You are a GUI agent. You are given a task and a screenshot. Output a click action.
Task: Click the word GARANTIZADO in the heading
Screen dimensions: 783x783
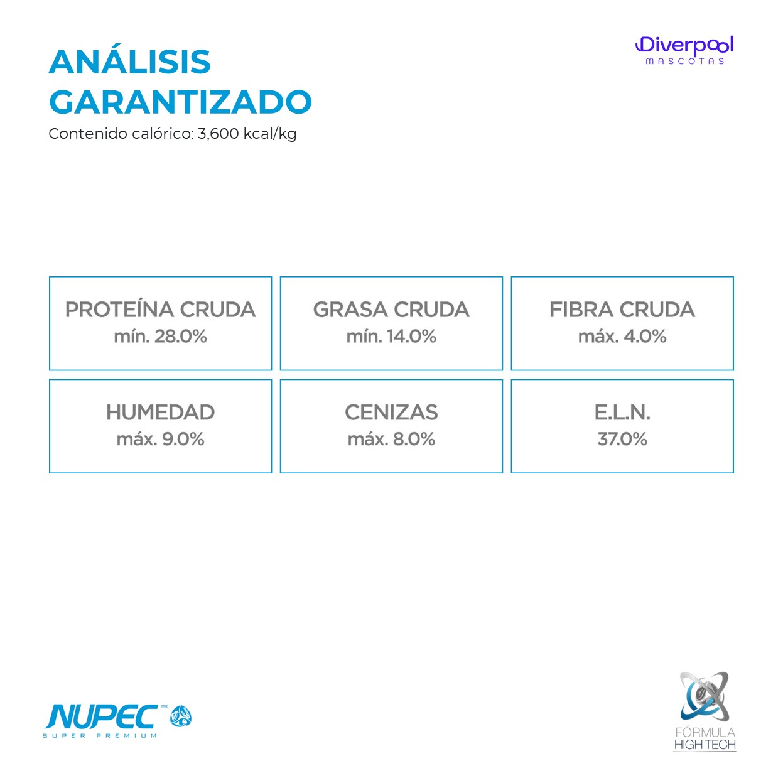point(180,102)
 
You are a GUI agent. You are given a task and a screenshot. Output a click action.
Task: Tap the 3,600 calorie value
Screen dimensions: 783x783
point(219,134)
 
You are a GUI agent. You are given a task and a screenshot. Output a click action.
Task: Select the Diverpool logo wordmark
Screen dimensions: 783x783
point(684,45)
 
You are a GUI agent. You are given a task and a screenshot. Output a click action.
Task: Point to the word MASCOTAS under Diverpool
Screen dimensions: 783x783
point(685,62)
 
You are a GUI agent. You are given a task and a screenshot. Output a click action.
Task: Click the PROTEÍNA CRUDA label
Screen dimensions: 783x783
point(161,310)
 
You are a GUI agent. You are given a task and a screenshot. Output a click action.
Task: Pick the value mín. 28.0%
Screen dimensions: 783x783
point(161,337)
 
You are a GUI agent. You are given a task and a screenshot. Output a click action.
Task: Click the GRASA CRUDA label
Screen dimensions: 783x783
point(391,310)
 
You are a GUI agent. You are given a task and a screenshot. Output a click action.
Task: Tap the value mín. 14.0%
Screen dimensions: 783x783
point(391,337)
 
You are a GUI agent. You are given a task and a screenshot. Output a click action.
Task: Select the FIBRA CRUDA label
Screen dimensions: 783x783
point(622,310)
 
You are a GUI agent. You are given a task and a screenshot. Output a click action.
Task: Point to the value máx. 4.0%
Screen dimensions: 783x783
point(622,337)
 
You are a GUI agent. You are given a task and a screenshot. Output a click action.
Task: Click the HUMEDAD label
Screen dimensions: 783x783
point(161,413)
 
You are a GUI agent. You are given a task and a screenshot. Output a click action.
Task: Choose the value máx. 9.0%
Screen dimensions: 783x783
point(161,440)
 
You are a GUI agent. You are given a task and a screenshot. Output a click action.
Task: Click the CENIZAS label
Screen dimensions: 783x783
point(391,413)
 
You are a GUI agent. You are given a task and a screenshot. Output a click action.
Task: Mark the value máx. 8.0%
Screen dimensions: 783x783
point(391,440)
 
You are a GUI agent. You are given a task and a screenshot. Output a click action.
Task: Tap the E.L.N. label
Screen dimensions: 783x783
point(622,413)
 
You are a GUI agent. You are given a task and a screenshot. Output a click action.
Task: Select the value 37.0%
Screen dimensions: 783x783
point(622,440)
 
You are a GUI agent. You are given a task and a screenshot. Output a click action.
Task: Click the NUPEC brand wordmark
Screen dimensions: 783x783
point(102,717)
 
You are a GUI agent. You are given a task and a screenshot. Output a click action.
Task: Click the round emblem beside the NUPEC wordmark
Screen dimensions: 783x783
point(181,716)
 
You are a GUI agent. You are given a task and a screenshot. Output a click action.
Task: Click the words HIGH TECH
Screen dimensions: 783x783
point(705,745)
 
